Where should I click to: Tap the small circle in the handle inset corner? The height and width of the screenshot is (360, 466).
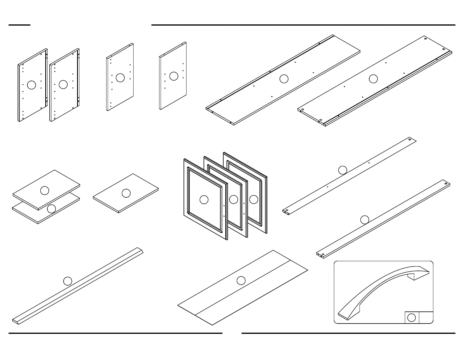tap(411, 318)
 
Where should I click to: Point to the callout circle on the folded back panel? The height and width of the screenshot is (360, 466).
tap(241, 281)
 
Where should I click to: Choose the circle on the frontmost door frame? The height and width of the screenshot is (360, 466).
tap(204, 200)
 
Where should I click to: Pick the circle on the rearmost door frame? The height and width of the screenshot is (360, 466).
tap(254, 199)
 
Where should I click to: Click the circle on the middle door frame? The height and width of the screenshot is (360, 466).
tap(233, 199)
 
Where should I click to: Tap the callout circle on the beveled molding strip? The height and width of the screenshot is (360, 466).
tap(68, 281)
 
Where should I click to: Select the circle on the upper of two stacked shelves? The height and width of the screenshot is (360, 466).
tap(44, 191)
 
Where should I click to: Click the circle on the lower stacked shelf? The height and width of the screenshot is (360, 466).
tap(51, 209)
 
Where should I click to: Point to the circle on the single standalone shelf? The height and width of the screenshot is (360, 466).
tap(126, 193)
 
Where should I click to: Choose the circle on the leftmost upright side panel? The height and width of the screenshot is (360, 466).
tap(31, 85)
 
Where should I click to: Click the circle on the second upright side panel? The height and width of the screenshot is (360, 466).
tap(63, 85)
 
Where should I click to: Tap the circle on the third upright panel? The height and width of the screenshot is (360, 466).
tap(120, 78)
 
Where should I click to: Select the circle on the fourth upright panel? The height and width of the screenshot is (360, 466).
tap(174, 76)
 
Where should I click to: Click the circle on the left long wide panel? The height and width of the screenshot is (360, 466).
tap(284, 79)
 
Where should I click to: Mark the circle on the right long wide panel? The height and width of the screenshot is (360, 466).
tap(373, 79)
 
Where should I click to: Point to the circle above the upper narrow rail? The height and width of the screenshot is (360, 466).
tap(342, 170)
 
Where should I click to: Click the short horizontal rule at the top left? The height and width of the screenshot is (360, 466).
tap(19, 25)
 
